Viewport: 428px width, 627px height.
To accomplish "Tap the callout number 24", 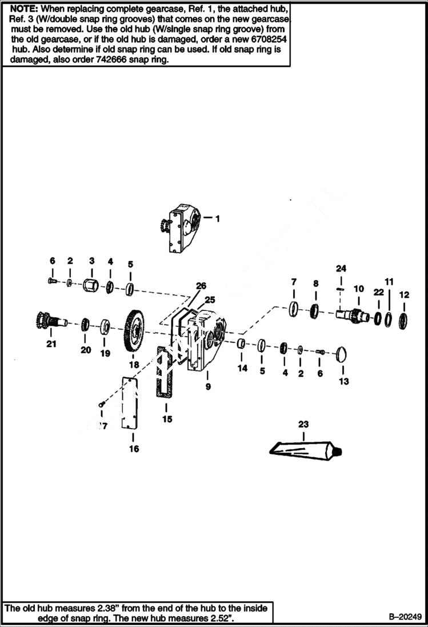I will click(x=341, y=269).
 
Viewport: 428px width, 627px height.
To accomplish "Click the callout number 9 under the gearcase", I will click(x=208, y=387).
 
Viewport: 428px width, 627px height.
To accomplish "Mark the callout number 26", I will click(x=201, y=285).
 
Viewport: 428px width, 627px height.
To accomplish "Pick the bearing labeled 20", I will click(x=85, y=326).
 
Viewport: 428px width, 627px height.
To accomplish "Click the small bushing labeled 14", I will click(x=241, y=343).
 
